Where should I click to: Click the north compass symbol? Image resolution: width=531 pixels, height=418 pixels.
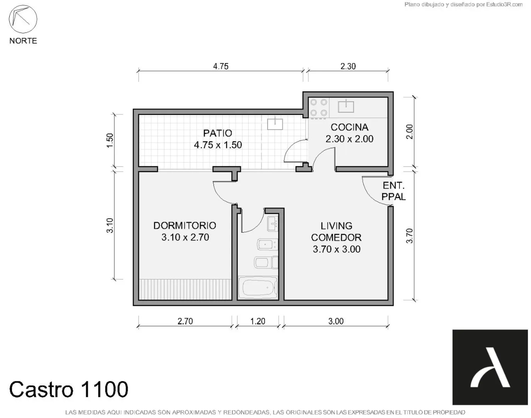23,19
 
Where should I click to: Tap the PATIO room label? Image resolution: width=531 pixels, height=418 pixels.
218,133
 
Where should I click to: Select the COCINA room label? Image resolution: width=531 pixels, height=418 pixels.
350,127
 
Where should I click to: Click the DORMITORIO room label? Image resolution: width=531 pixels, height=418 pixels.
185,226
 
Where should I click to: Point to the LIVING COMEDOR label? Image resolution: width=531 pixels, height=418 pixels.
336,232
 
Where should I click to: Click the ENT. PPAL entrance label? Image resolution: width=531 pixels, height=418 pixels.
394,191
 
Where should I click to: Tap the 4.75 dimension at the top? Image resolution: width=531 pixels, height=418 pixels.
221,66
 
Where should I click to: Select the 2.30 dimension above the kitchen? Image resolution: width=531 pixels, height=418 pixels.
348,66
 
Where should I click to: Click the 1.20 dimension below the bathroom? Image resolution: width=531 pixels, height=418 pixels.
258,321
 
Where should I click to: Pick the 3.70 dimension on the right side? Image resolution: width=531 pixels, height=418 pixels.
410,236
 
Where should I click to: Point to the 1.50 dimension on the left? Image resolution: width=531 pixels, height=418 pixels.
110,141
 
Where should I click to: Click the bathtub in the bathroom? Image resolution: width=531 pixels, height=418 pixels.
258,288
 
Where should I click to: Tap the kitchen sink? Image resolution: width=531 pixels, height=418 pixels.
346,106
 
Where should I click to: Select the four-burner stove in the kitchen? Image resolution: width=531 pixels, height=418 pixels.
319,108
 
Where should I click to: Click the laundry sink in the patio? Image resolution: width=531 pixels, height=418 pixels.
275,123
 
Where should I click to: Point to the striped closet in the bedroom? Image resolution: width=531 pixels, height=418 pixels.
185,289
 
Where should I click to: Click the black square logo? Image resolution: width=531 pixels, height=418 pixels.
490,367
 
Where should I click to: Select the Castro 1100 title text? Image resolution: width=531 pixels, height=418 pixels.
69,389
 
